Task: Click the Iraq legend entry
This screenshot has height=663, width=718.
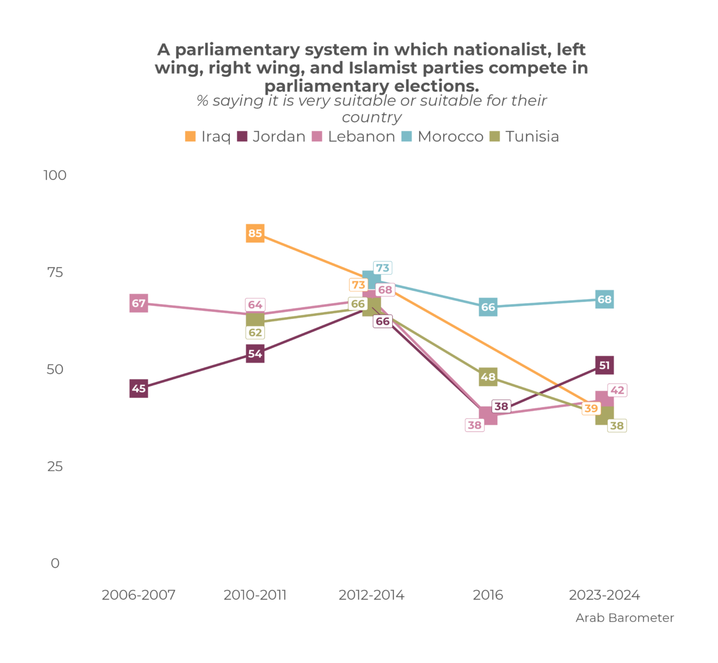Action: pyautogui.click(x=208, y=137)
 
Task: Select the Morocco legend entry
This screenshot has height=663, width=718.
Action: pyautogui.click(x=443, y=137)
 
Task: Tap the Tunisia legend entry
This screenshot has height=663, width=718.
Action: pyautogui.click(x=525, y=137)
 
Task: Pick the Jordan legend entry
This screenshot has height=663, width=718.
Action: pyautogui.click(x=271, y=137)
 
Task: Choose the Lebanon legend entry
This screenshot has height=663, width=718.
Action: pyautogui.click(x=354, y=137)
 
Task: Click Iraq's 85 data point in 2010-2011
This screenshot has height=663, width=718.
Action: pyautogui.click(x=255, y=233)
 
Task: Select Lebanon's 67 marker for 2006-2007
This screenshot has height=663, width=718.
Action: pyautogui.click(x=138, y=303)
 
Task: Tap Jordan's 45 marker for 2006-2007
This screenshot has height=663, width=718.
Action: pyautogui.click(x=138, y=388)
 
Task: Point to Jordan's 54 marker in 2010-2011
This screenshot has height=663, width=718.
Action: pyautogui.click(x=255, y=353)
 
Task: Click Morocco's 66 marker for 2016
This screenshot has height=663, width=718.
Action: pyautogui.click(x=488, y=307)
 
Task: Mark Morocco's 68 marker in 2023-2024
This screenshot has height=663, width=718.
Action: pyautogui.click(x=604, y=299)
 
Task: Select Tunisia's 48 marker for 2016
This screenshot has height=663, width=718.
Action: pyautogui.click(x=488, y=377)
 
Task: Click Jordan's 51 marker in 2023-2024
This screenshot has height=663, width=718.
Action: pyautogui.click(x=604, y=366)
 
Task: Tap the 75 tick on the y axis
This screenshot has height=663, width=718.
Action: pyautogui.click(x=55, y=272)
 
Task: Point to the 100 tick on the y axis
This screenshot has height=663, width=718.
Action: pyautogui.click(x=55, y=175)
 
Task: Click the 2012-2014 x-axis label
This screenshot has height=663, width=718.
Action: pyautogui.click(x=371, y=595)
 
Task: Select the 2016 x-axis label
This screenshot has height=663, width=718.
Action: pyautogui.click(x=488, y=595)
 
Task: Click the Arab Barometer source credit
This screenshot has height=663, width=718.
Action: pyautogui.click(x=625, y=618)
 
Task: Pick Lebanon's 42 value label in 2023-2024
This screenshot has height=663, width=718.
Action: pyautogui.click(x=617, y=390)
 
